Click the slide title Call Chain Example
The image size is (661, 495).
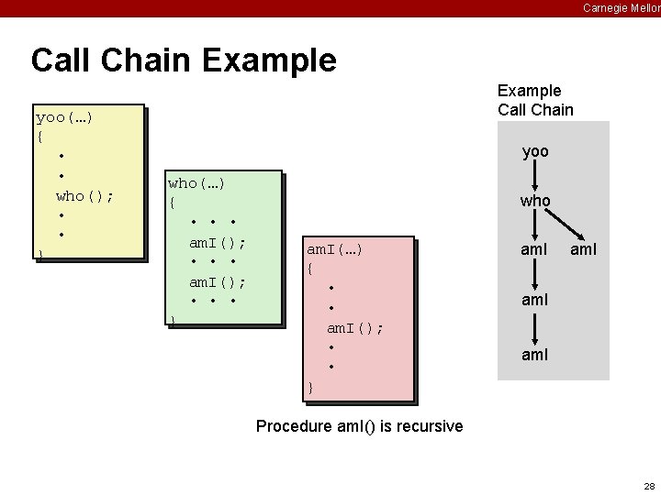pos(184,60)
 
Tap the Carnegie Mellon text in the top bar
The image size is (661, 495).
pos(621,7)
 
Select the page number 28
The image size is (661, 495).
pos(649,486)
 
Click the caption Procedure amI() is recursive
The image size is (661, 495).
pos(359,426)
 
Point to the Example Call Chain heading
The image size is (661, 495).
pos(535,100)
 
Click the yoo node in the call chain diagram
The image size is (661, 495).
pos(535,151)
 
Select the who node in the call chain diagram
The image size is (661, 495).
pos(535,200)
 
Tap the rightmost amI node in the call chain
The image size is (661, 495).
pos(583,248)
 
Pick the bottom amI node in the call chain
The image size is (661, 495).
pos(535,354)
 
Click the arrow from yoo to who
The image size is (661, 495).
pos(535,175)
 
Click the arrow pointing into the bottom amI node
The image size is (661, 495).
pos(535,327)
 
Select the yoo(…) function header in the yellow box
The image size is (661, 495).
pos(64,117)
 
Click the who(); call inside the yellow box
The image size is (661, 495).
pos(84,195)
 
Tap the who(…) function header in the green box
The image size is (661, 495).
pos(196,183)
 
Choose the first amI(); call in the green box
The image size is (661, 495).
pos(217,242)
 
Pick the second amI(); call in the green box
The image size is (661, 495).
pos(217,281)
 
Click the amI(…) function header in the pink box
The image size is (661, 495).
pos(335,249)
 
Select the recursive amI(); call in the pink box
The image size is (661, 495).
pos(355,327)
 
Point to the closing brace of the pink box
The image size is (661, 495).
pos(310,388)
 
